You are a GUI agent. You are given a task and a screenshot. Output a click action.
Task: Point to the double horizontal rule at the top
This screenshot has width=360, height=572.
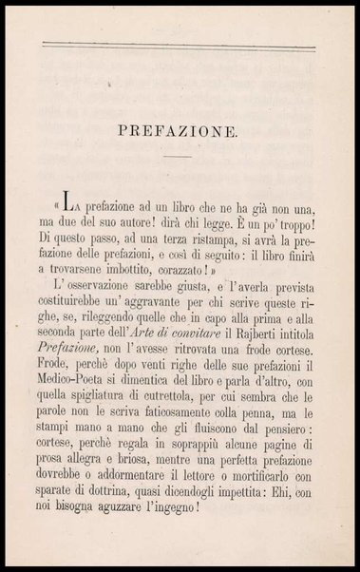(180, 45)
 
